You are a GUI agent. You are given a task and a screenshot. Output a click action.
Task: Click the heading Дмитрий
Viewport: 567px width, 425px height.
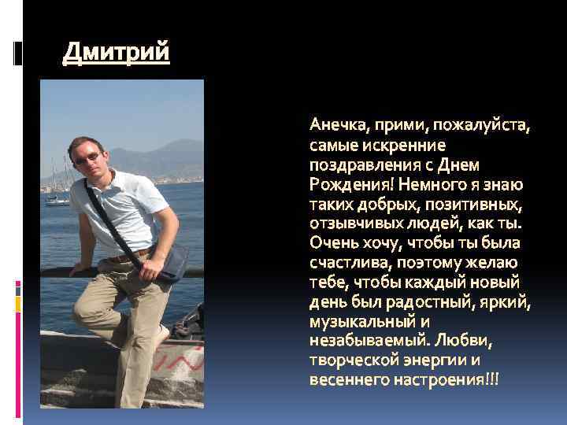(x=116, y=54)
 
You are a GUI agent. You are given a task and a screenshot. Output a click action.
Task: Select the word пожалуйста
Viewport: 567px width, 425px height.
(x=487, y=127)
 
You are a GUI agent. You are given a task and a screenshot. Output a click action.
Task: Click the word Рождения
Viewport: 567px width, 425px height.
(x=352, y=185)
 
